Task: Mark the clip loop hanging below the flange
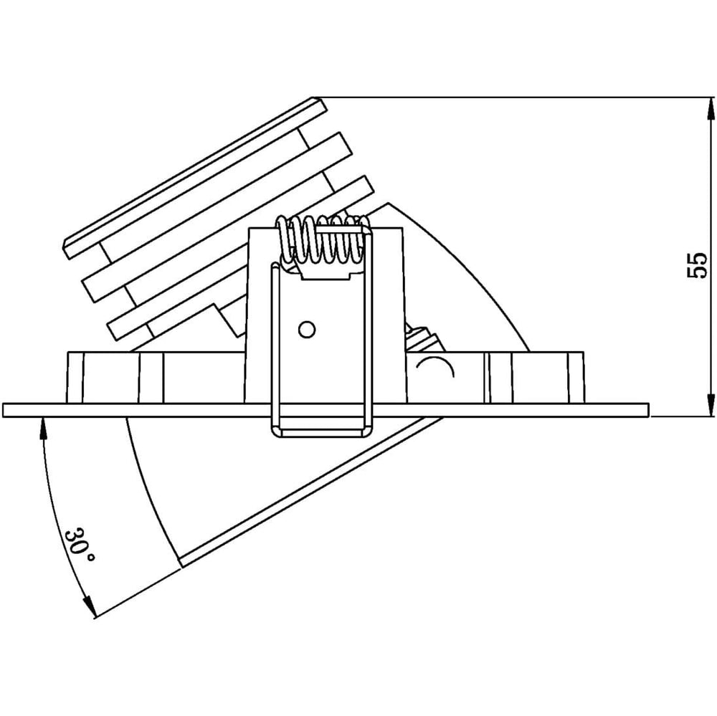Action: click(x=323, y=427)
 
